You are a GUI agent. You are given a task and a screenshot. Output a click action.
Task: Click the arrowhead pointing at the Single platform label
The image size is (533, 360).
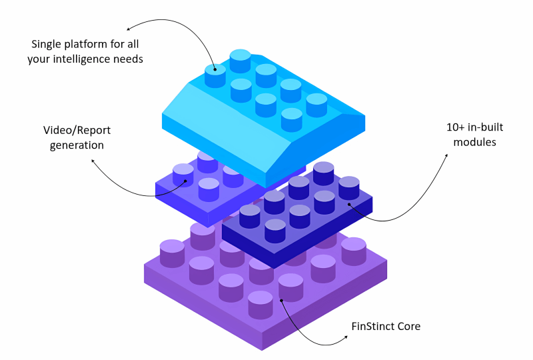point(129,27)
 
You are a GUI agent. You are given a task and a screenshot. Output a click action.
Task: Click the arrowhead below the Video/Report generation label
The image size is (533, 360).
point(93,160)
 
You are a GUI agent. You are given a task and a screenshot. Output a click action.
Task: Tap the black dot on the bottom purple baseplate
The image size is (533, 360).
point(280,299)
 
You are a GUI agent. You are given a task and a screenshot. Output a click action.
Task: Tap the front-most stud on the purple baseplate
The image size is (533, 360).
point(261,303)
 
